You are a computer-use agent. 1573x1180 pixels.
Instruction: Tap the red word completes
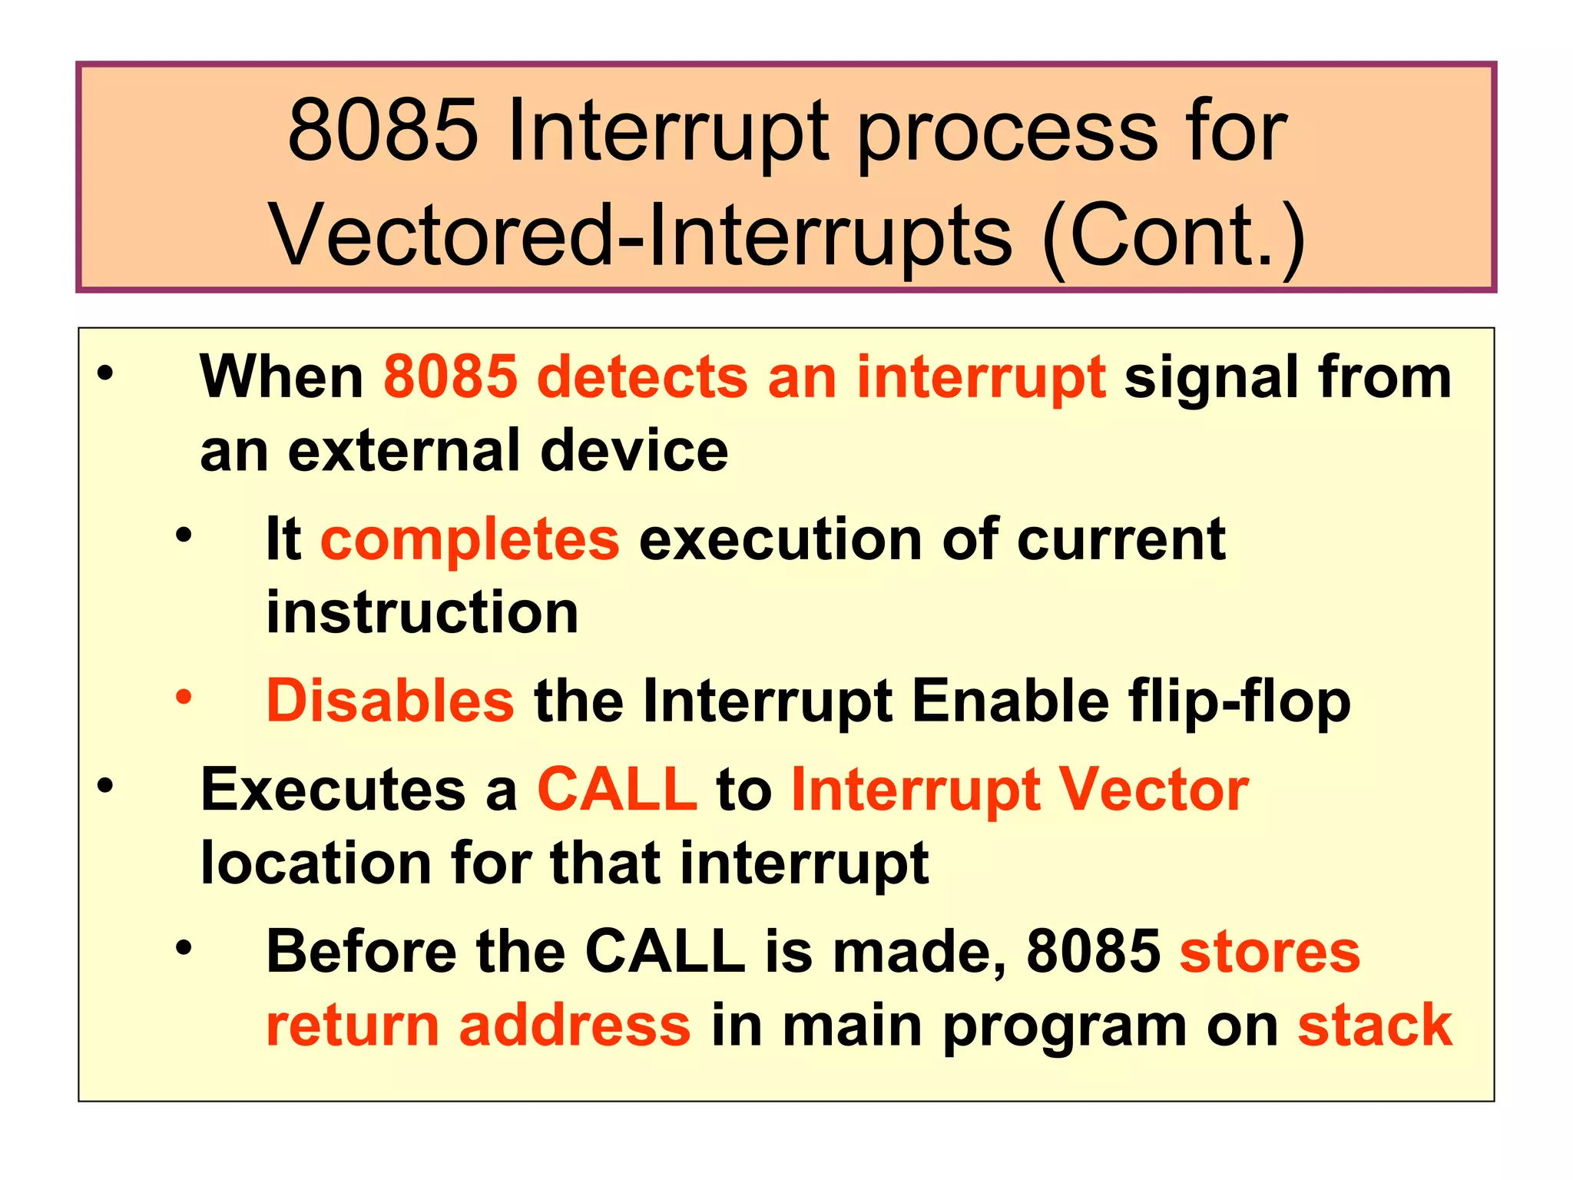(469, 539)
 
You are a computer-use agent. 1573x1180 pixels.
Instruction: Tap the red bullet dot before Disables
(184, 697)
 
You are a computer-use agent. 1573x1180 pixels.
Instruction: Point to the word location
(316, 863)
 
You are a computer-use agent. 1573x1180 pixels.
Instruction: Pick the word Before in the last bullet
(361, 951)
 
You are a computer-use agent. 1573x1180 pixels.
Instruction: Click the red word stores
(1269, 951)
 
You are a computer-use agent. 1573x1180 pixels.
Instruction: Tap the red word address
(575, 1025)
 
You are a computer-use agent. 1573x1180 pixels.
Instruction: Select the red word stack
(1374, 1025)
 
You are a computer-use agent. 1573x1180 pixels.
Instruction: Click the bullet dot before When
(105, 374)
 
